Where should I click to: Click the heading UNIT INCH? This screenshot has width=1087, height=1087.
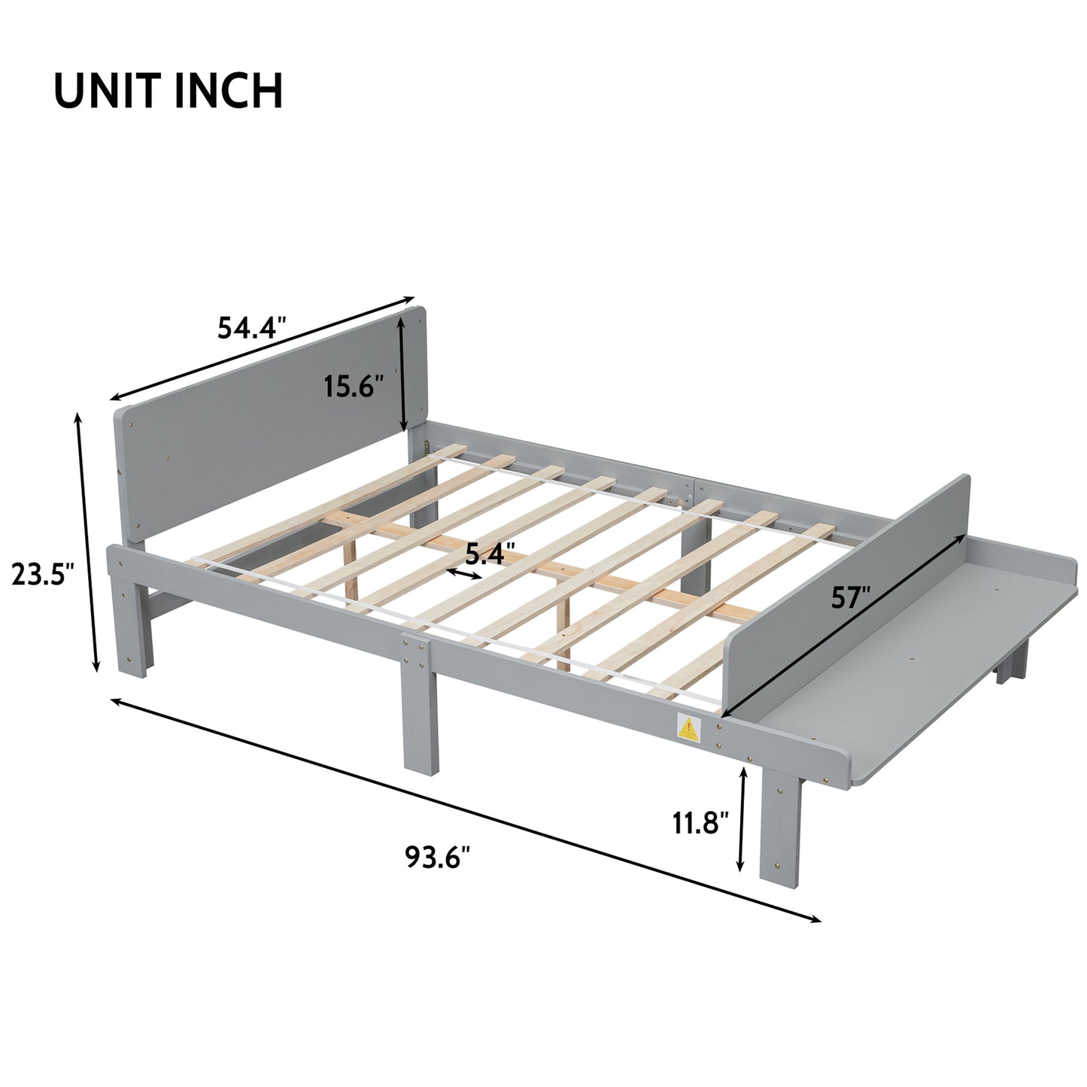coord(169,91)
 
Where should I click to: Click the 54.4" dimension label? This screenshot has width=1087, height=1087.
coord(252,328)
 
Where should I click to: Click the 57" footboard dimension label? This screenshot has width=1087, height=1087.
coord(850,597)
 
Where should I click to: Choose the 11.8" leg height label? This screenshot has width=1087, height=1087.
coord(700,823)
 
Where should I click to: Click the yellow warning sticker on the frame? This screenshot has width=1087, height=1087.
coord(688,727)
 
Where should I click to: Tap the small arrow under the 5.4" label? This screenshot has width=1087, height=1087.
coord(464,575)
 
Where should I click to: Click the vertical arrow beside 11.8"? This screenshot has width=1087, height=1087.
coord(742,818)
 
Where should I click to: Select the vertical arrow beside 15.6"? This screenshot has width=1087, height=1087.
coord(404,372)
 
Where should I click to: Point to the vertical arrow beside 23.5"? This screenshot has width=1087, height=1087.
coord(86,542)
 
